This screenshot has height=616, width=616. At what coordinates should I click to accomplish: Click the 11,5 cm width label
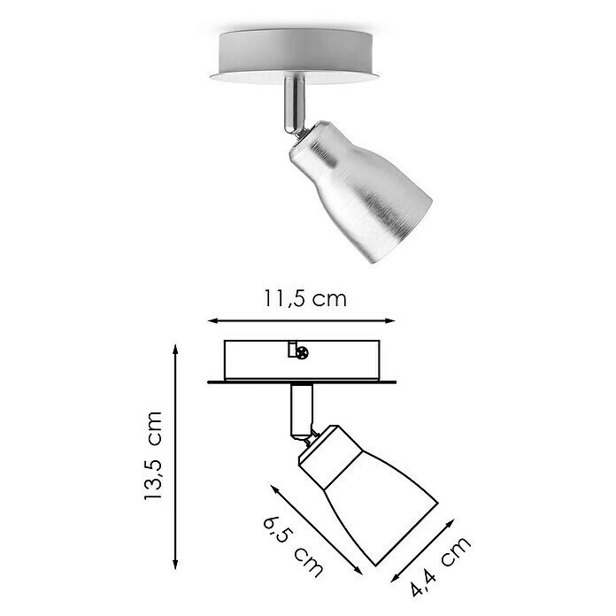coord(304,298)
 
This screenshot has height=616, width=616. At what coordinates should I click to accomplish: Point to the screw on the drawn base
coord(304,353)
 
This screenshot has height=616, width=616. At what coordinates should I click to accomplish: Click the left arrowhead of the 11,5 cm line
coord(209,320)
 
